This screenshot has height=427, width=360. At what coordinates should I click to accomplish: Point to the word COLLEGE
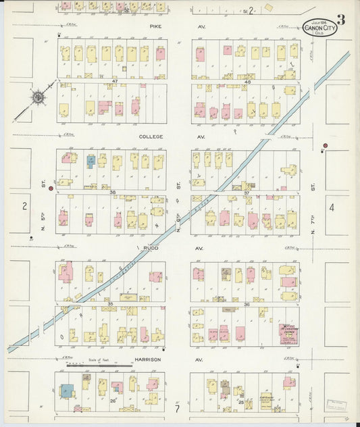151,136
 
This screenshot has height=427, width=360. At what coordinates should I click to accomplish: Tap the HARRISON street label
147,359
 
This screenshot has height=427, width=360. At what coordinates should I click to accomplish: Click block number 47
115,81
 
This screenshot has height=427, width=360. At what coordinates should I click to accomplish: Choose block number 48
247,82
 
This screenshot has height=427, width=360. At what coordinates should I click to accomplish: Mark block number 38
113,192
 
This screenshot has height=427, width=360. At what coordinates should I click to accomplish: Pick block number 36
247,304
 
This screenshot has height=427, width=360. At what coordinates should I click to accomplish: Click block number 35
109,304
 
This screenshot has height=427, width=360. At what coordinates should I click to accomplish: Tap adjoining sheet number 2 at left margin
24,206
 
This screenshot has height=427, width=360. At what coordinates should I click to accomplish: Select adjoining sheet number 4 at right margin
332,207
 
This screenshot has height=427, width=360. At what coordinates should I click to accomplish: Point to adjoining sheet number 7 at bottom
177,408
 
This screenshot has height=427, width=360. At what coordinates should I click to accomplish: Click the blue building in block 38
90,161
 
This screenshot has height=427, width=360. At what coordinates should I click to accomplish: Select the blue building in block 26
67,391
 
